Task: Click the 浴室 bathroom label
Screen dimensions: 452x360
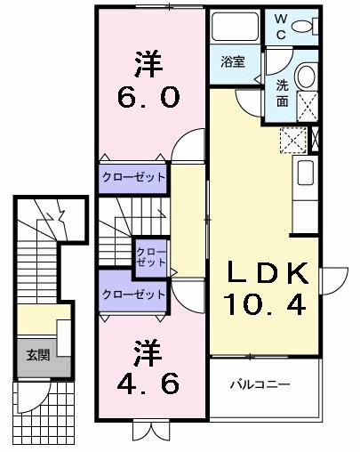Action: click(x=234, y=62)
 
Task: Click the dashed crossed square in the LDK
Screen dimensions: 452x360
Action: click(x=292, y=140)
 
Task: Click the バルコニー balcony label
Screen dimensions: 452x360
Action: click(x=261, y=384)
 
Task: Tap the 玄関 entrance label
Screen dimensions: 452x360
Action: click(x=37, y=355)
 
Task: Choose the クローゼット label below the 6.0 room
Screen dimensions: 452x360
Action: click(x=132, y=177)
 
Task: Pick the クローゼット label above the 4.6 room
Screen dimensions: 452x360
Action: click(x=132, y=293)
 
